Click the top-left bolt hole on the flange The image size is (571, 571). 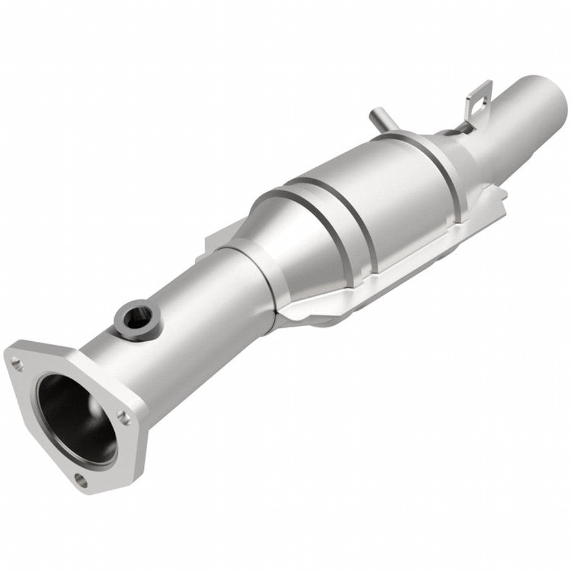click(x=17, y=366)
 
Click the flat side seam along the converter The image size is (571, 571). click(x=390, y=273)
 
